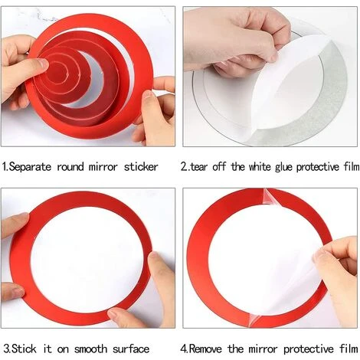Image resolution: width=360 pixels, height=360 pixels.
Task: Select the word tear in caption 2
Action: click(x=205, y=166)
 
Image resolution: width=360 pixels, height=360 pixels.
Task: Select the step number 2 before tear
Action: click(x=185, y=166)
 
